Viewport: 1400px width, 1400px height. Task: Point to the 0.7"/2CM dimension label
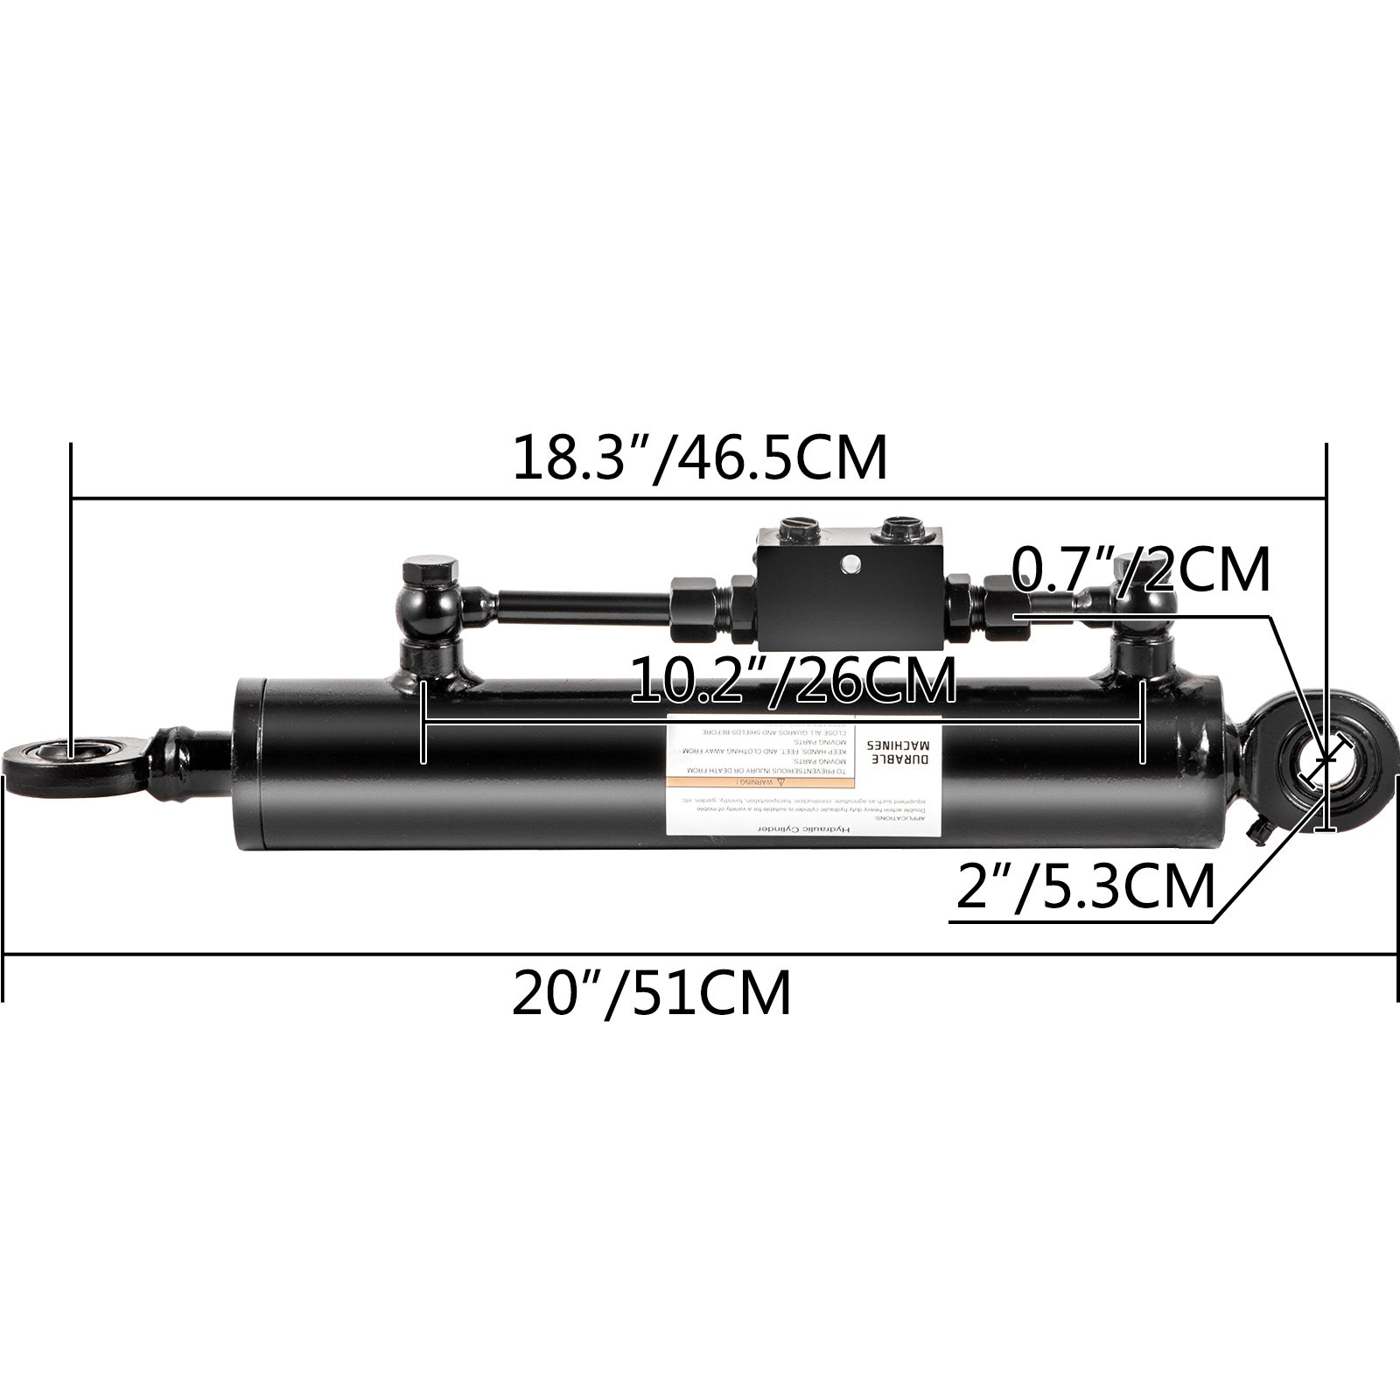[1140, 570]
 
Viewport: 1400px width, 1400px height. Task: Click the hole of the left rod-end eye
[74, 751]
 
